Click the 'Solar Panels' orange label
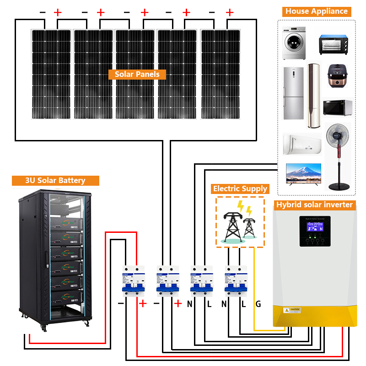click(x=137, y=74)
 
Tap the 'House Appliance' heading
click(x=317, y=11)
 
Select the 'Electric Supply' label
click(x=240, y=188)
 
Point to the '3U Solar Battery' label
click(x=55, y=180)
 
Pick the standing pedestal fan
click(x=338, y=153)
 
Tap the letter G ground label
click(x=258, y=304)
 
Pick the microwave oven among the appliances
click(x=338, y=108)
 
